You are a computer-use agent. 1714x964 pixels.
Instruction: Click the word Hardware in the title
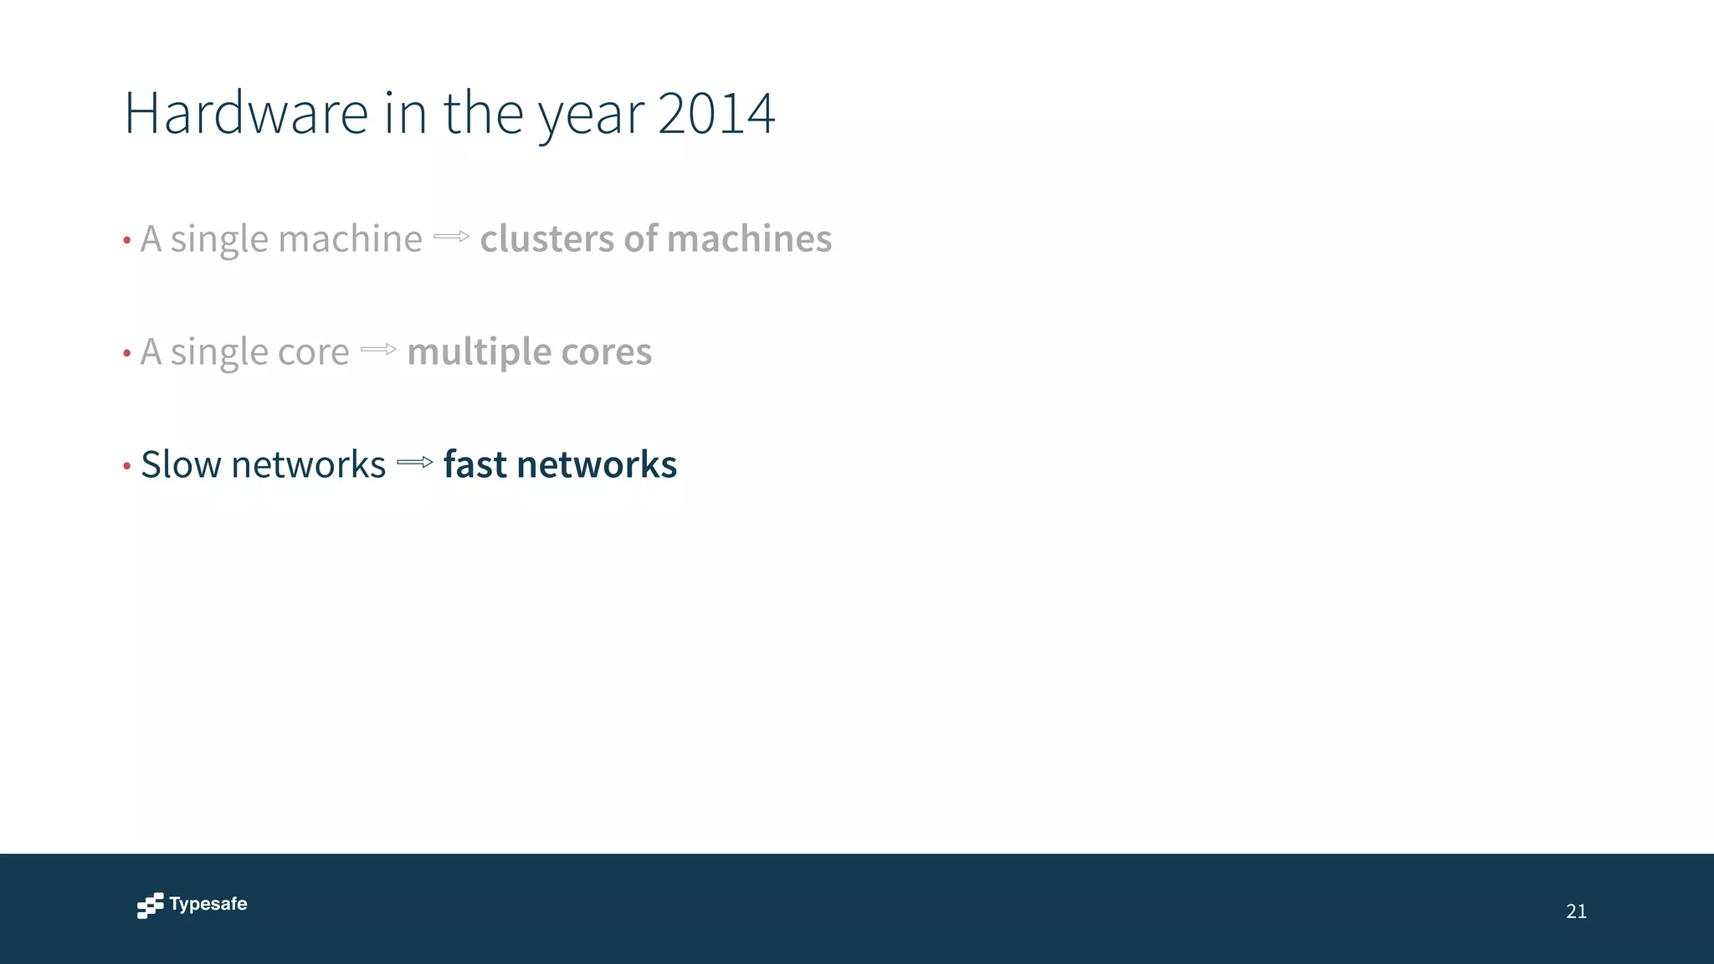246,113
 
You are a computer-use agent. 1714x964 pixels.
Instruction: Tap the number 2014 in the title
716,113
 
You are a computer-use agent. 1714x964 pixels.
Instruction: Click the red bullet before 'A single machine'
127,241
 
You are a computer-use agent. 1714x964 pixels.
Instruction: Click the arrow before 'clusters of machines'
452,237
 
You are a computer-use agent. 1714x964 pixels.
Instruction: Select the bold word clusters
547,238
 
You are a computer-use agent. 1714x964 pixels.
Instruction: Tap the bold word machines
749,238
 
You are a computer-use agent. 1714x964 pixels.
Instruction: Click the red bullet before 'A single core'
127,354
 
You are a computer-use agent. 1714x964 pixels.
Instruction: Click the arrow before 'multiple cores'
378,350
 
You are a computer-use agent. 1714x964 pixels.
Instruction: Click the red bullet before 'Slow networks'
127,466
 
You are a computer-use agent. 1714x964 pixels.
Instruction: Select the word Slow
180,464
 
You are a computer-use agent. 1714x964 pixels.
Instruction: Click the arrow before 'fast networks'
415,462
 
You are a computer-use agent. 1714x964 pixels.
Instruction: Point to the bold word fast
475,464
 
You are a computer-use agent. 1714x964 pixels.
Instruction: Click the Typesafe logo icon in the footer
151,905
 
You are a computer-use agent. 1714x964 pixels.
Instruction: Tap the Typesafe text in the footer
208,904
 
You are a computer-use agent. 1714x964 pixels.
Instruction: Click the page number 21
1576,911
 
